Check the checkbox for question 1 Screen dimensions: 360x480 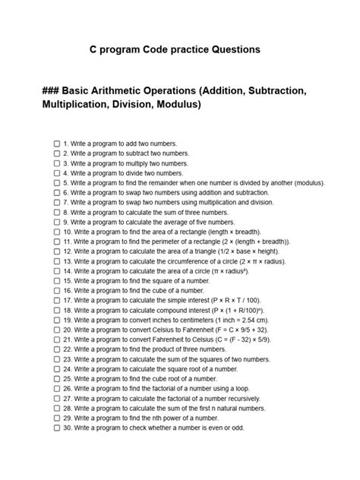point(56,143)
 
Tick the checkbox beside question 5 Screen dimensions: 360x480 point(56,183)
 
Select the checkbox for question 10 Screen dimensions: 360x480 point(56,232)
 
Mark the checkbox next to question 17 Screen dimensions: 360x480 point(56,300)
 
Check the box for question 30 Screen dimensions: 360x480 point(56,428)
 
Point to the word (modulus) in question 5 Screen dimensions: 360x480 point(305,183)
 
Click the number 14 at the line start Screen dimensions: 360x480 point(67,271)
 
